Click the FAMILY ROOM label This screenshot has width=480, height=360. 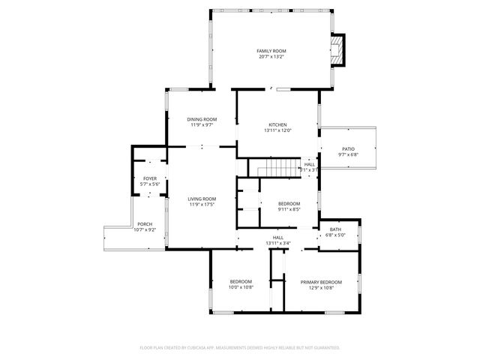coord(271,51)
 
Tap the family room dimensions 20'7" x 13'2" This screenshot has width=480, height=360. coord(271,57)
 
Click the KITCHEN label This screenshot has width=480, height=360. coord(277,124)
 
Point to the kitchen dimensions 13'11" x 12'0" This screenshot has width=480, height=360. coord(277,130)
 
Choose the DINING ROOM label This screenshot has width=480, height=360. coord(202,119)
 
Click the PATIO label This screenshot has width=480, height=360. coord(348,148)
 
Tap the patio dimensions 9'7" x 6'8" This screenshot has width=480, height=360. coord(348,154)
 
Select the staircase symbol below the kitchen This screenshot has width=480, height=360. coord(279,168)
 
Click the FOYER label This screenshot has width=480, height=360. coord(150,178)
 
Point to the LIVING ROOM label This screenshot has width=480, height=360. coord(202,199)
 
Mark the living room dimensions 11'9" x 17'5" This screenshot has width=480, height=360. coord(202,205)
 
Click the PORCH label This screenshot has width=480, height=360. coord(145,224)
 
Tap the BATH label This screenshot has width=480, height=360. coord(335,229)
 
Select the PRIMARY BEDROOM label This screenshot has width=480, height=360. coord(321,281)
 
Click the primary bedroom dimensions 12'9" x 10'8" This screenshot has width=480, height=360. coord(321,287)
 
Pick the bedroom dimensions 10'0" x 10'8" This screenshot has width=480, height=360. coord(241,287)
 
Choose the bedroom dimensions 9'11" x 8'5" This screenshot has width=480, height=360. coord(289,210)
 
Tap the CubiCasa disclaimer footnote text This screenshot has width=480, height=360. coord(240,347)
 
